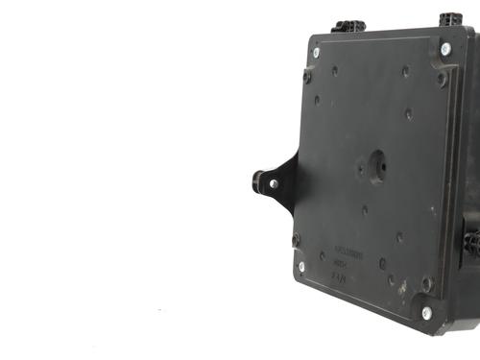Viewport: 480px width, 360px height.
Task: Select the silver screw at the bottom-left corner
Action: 301,267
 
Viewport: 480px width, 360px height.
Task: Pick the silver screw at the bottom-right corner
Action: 426,313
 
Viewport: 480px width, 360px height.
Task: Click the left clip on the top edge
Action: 348,26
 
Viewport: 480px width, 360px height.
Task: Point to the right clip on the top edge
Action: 450,19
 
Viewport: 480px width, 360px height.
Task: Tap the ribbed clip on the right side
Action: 471,241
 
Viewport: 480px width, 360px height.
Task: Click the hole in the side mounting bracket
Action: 273,183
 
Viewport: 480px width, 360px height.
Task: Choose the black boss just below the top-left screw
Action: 307,75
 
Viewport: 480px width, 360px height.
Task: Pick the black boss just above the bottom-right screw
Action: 427,284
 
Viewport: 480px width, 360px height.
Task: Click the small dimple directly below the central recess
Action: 364,209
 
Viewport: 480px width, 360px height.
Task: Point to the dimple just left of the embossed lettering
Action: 322,256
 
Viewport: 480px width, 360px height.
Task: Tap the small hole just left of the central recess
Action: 360,168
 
